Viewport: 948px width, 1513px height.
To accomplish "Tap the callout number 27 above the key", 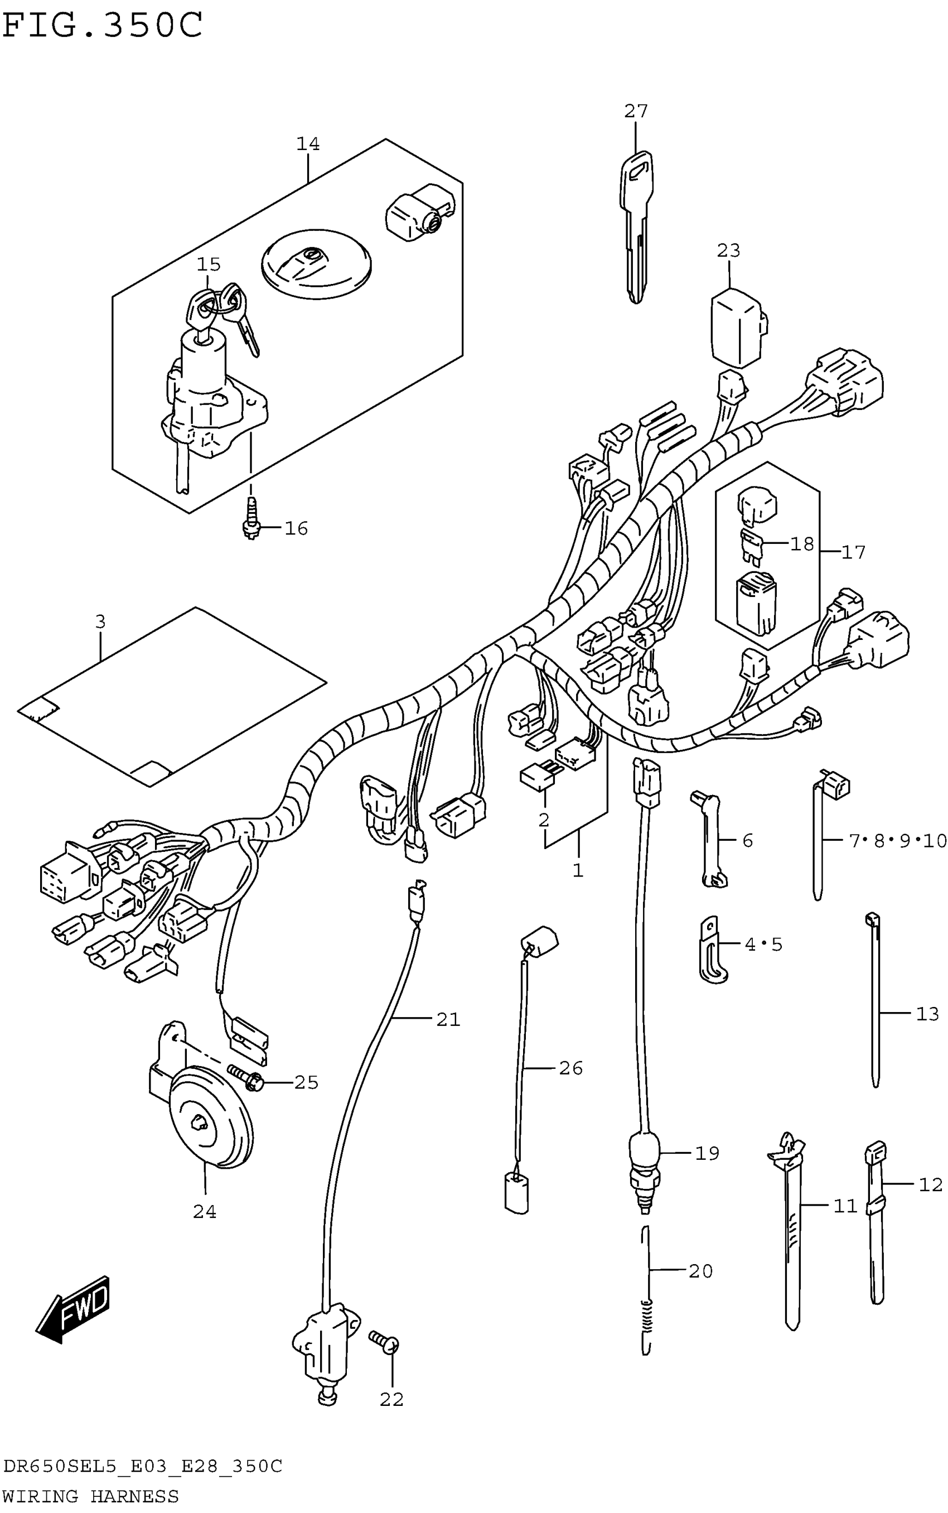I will coord(636,112).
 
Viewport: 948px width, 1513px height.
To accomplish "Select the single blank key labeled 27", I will coord(636,226).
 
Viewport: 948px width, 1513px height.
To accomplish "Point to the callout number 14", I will coord(308,144).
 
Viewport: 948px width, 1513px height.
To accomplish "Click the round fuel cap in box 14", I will coord(316,263).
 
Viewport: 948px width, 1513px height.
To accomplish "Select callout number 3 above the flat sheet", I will coord(100,621).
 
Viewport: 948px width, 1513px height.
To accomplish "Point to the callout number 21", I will coord(448,1020).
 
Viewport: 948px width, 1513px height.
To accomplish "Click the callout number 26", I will coord(570,1068).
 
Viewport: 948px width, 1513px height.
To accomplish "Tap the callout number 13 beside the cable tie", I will coord(927,1014).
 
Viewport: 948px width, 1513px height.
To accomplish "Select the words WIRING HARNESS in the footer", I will coord(91,1496).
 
